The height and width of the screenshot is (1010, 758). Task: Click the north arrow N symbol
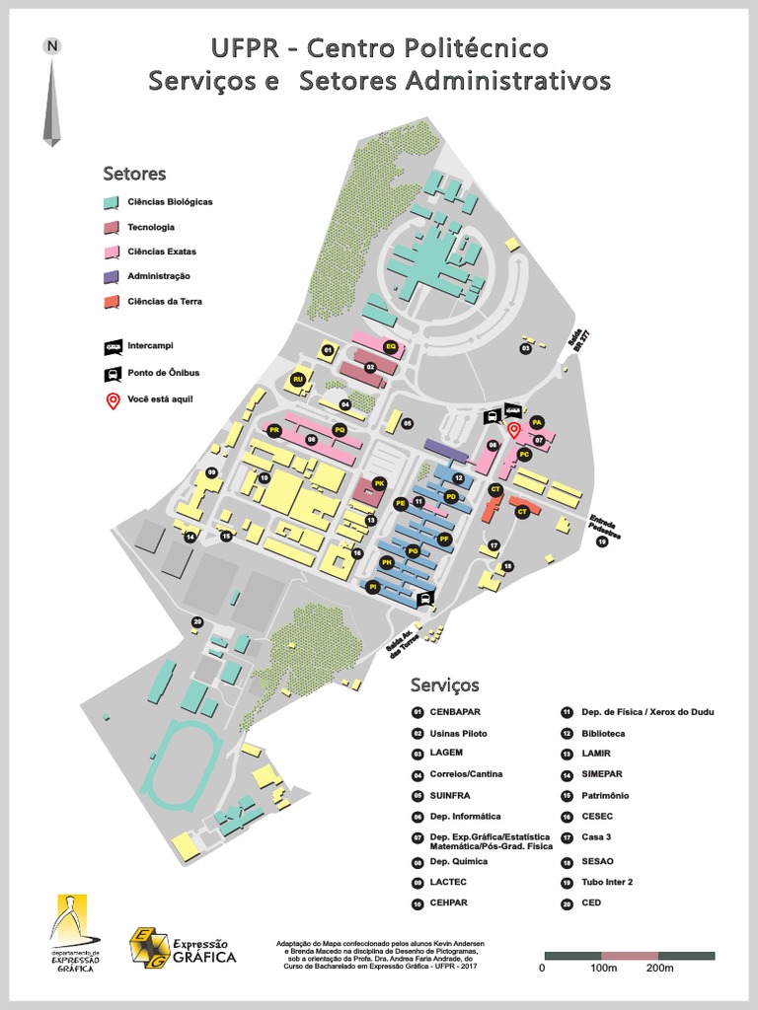pos(52,46)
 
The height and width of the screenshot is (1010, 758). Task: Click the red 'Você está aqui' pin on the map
pos(513,430)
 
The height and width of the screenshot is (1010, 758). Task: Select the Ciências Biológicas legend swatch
pos(112,202)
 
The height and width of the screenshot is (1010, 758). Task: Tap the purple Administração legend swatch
pos(112,276)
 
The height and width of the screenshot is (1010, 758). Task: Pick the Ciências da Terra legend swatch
pos(112,301)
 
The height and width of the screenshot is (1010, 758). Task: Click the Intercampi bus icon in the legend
pos(112,347)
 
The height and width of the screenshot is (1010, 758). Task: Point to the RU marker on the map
pos(297,379)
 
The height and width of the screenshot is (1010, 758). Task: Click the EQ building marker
pos(391,347)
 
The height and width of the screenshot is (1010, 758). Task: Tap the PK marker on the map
pos(379,483)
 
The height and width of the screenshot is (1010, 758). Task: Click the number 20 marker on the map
pos(197,621)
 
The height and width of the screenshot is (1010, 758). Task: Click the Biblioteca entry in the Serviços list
pos(603,734)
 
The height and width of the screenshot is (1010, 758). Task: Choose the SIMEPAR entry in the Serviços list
pos(604,775)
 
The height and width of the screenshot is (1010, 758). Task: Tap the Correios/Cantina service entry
pos(466,774)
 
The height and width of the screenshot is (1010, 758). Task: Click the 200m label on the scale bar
pos(659,969)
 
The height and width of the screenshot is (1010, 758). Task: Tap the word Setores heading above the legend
pos(134,175)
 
